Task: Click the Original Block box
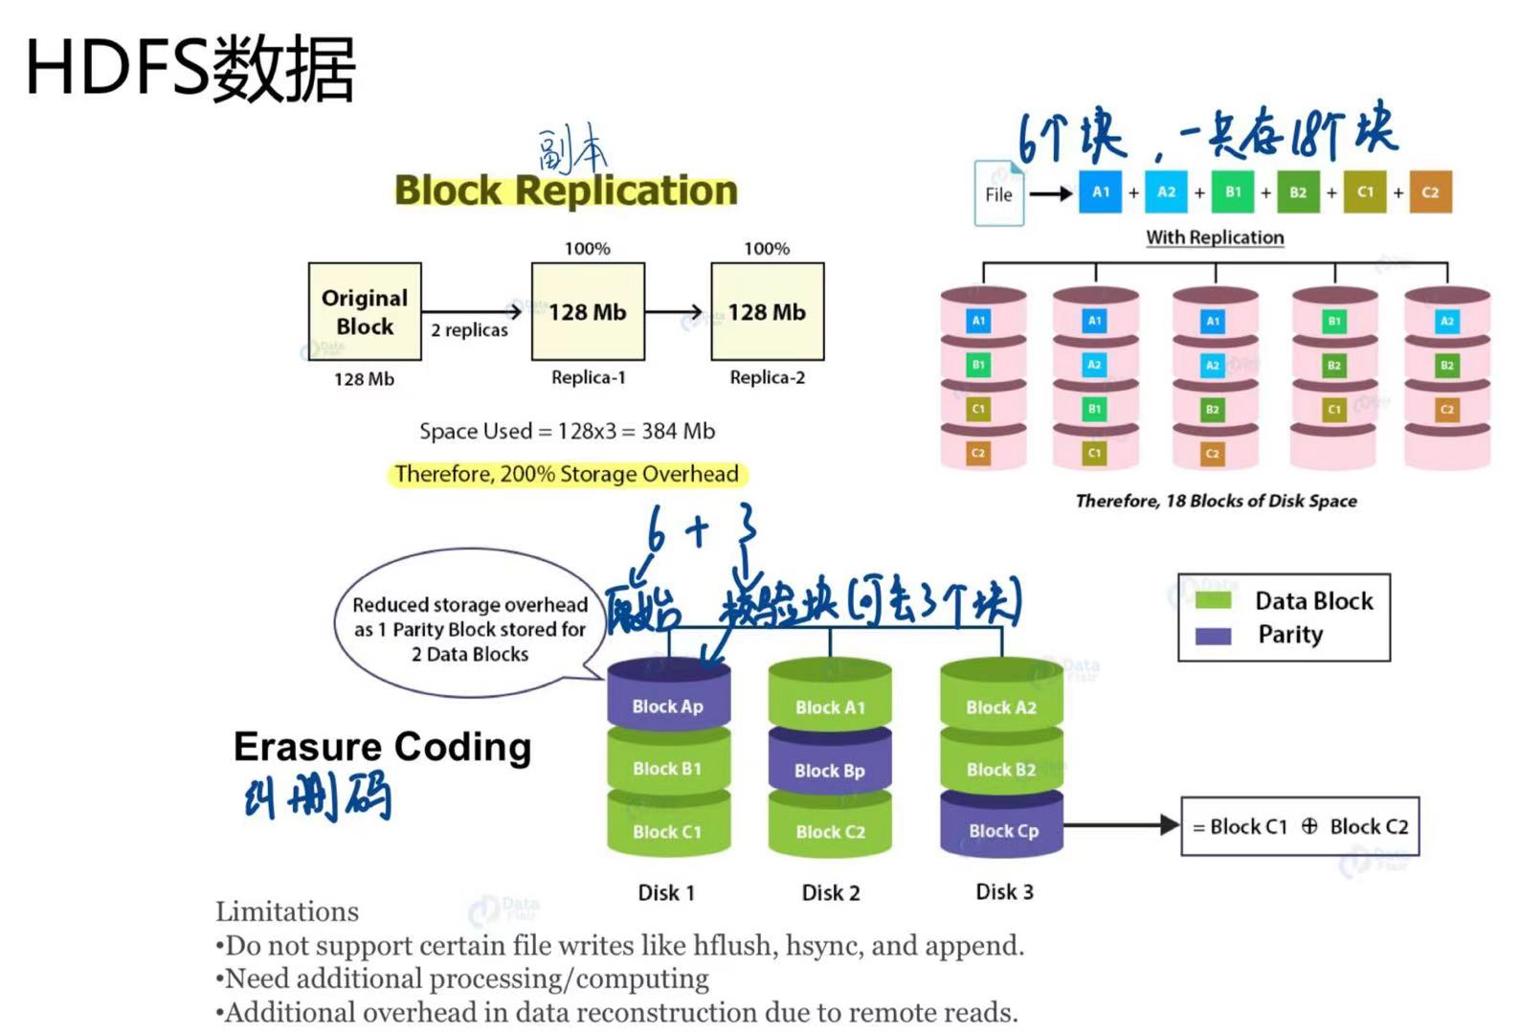pos(365,312)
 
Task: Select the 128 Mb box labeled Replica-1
pos(588,312)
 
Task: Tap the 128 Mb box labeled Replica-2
pos(767,312)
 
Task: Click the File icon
pos(998,193)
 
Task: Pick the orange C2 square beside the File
pos(1430,192)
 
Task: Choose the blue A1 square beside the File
pos(1101,192)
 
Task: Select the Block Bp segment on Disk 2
pos(830,769)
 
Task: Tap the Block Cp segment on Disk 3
pos(1002,829)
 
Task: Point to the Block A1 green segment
pos(830,706)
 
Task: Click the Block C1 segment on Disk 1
pos(668,830)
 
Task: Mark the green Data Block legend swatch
pos(1214,601)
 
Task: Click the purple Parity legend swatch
pos(1214,635)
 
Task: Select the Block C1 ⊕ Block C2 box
pos(1300,826)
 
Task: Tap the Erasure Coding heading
pos(382,747)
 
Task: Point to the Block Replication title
pos(566,191)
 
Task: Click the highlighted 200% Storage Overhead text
pos(567,474)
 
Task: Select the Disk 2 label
pos(831,892)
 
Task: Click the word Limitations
pos(287,910)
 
